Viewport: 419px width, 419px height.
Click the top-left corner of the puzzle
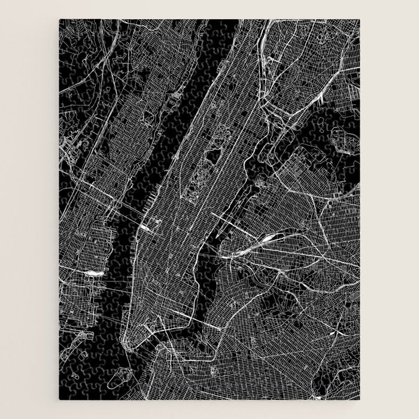pos(59,20)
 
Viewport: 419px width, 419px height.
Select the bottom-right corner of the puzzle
pos(360,399)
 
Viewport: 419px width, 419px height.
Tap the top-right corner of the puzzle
pos(360,20)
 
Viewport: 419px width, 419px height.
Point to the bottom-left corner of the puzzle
pos(59,399)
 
